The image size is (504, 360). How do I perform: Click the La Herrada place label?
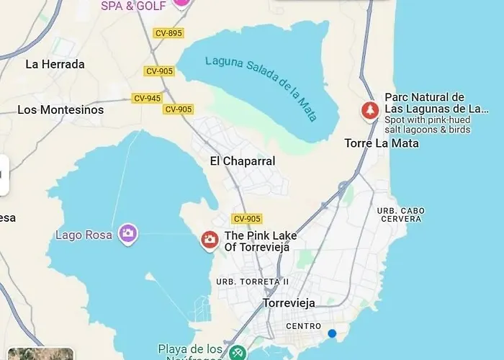pyautogui.click(x=55, y=64)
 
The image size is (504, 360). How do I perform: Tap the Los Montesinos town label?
pyautogui.click(x=60, y=110)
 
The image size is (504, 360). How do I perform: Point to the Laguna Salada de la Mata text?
pyautogui.click(x=261, y=88)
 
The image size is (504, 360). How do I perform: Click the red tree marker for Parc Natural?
pyautogui.click(x=369, y=110)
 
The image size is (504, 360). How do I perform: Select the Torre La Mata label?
pyautogui.click(x=382, y=143)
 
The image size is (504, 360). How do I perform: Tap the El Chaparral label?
pyautogui.click(x=243, y=161)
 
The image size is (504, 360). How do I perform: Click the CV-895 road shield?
pyautogui.click(x=168, y=33)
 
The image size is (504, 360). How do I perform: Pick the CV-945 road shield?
pyautogui.click(x=147, y=98)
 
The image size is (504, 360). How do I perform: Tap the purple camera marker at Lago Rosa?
pyautogui.click(x=128, y=233)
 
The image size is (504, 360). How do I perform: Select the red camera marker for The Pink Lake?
pyautogui.click(x=210, y=240)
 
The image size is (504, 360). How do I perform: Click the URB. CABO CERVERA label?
pyautogui.click(x=401, y=215)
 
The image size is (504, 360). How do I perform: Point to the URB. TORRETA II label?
pyautogui.click(x=253, y=282)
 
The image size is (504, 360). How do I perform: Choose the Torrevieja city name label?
pyautogui.click(x=289, y=303)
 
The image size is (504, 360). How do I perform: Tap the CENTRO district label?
pyautogui.click(x=303, y=326)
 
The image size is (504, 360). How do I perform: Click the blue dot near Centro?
pyautogui.click(x=332, y=333)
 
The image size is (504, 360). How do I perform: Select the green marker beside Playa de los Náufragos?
pyautogui.click(x=237, y=353)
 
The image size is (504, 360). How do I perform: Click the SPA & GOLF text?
pyautogui.click(x=134, y=6)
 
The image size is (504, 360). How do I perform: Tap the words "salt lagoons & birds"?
pyautogui.click(x=428, y=130)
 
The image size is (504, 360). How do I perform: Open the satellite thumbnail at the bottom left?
pyautogui.click(x=40, y=354)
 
